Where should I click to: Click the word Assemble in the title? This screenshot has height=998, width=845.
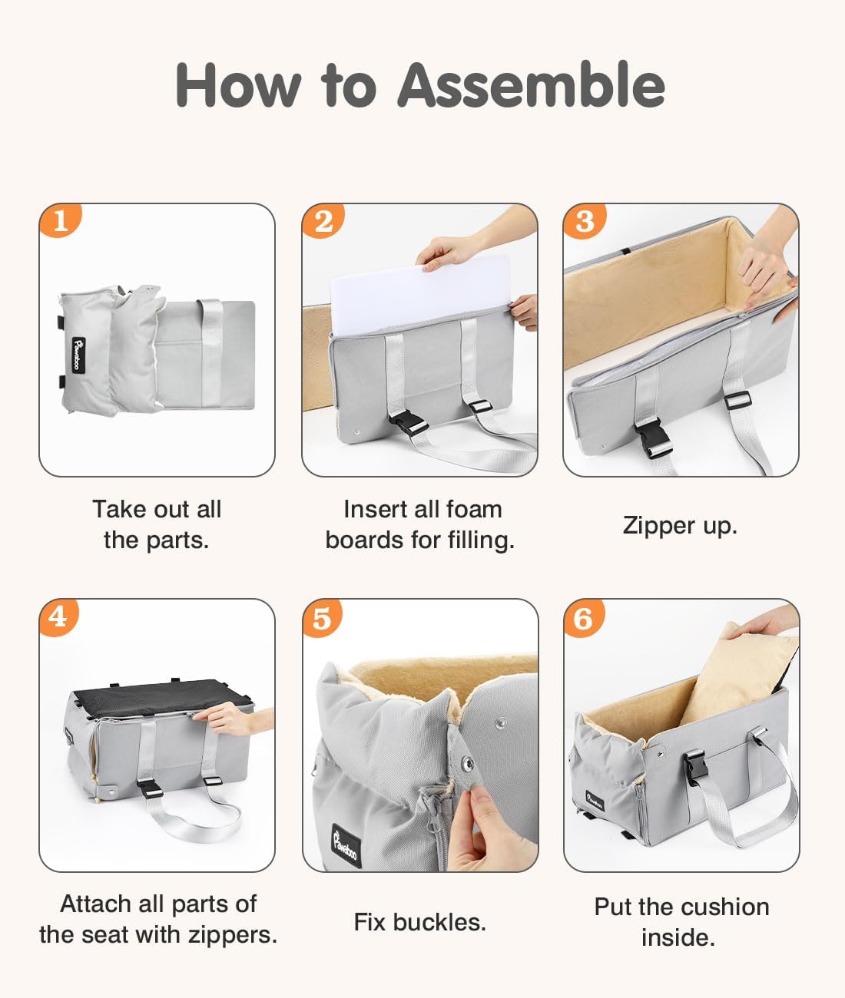[531, 85]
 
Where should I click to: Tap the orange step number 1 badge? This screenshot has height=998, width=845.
[60, 220]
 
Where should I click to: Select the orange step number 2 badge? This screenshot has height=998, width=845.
[323, 220]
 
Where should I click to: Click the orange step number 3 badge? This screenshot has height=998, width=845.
[585, 221]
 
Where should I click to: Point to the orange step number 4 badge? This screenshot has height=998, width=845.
[58, 617]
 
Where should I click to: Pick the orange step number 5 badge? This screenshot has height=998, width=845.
[322, 618]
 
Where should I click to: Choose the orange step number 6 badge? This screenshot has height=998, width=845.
[584, 618]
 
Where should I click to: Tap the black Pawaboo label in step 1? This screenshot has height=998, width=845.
[79, 355]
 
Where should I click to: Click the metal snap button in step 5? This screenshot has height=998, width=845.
[468, 763]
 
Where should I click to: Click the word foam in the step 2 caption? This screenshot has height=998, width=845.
[474, 510]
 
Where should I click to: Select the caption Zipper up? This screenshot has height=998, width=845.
[680, 526]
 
